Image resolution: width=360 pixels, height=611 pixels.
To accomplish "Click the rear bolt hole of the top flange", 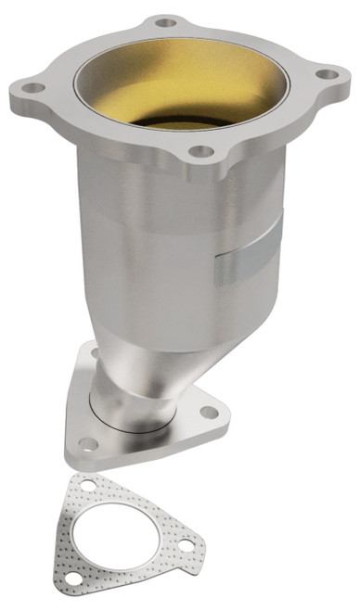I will [x=166, y=20].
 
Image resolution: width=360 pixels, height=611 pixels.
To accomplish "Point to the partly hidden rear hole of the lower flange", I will [x=95, y=351].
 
